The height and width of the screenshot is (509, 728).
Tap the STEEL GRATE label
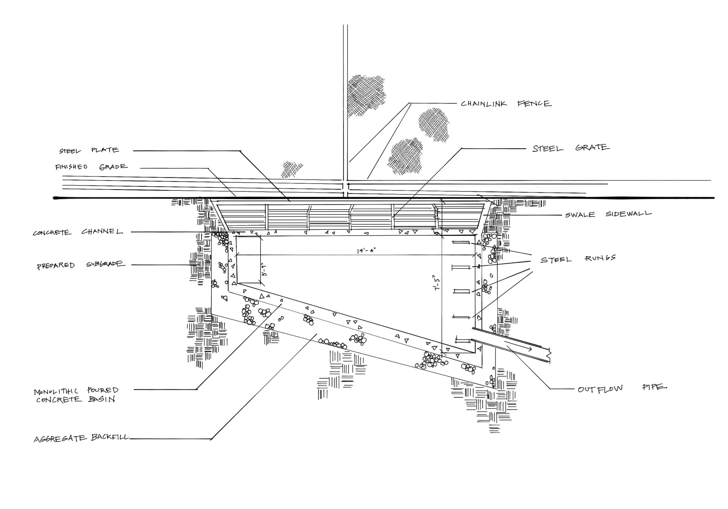click(x=570, y=148)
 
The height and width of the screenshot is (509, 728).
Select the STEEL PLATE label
click(x=89, y=150)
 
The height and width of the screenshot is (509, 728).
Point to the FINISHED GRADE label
click(x=91, y=167)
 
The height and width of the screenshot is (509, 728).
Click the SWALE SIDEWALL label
click(x=608, y=214)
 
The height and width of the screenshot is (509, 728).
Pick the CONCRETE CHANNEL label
click(x=78, y=232)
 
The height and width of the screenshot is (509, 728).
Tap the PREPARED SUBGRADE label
click(x=80, y=265)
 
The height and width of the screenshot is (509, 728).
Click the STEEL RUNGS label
click(x=578, y=259)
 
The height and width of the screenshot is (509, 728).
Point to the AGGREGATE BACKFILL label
click(x=82, y=438)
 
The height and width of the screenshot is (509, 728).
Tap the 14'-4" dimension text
click(x=366, y=251)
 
